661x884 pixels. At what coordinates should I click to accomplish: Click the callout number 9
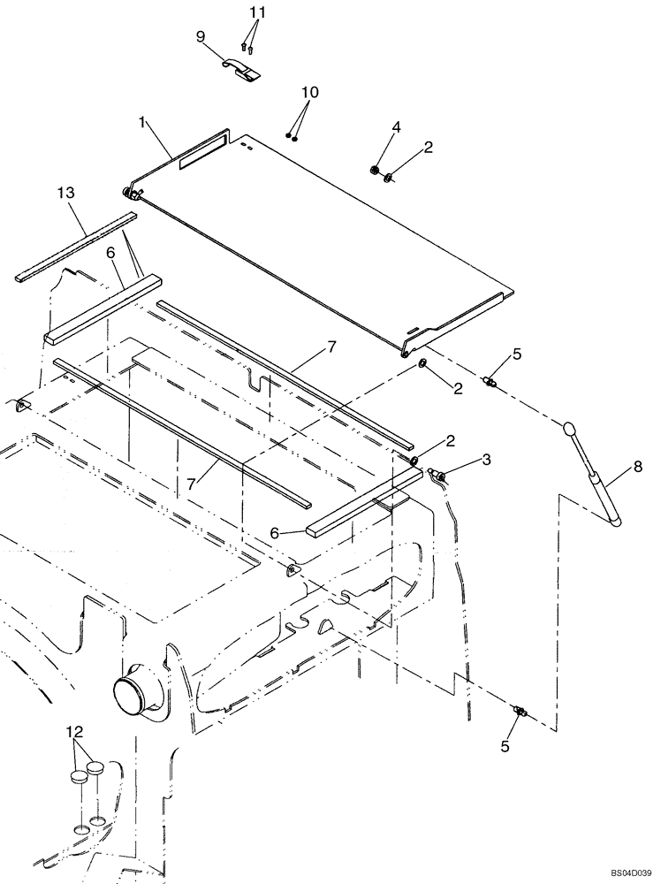coord(200,36)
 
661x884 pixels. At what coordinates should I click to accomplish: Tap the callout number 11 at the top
coord(257,13)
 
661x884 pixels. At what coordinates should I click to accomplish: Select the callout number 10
coord(309,93)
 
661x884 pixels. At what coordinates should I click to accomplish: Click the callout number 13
coord(65,192)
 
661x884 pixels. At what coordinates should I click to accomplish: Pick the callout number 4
coord(396,127)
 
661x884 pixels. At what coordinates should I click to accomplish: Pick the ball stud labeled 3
coord(439,477)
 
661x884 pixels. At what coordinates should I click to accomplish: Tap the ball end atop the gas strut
coord(569,429)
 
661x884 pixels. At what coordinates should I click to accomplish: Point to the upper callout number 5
coord(517,354)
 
